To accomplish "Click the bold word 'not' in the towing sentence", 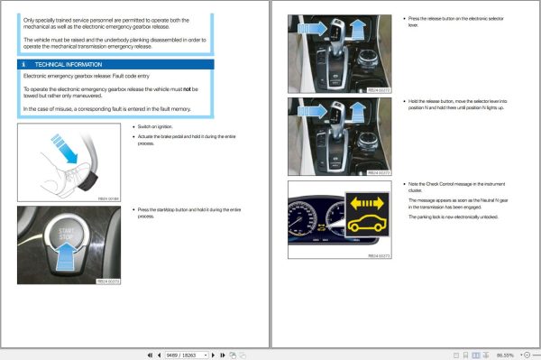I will (x=195, y=90).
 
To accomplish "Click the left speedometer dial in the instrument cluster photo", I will (x=306, y=226).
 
